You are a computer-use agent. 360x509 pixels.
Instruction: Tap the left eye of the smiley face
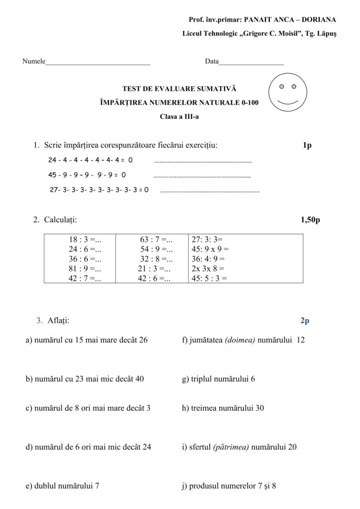click(x=281, y=86)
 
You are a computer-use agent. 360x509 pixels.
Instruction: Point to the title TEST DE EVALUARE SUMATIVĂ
click(x=180, y=89)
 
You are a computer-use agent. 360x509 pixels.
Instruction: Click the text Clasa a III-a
click(x=180, y=117)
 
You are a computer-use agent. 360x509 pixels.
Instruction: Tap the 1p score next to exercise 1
click(x=307, y=146)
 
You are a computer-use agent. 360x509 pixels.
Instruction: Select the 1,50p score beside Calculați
click(x=310, y=219)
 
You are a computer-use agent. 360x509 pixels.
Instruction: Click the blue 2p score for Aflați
click(x=305, y=321)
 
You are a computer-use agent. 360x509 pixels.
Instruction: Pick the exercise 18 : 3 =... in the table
click(x=85, y=240)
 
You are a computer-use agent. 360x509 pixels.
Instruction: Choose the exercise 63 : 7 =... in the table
click(x=156, y=240)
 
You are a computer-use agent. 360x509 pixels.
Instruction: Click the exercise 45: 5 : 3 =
click(x=209, y=278)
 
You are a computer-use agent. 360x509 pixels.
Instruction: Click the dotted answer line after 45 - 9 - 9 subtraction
click(x=202, y=176)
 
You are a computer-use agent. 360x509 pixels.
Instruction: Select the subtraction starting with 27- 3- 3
click(x=99, y=189)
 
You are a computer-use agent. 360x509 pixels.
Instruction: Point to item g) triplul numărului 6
click(x=218, y=379)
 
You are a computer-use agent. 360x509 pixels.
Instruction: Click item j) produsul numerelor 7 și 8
click(x=229, y=486)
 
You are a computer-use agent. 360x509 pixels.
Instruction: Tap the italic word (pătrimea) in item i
click(x=231, y=447)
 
